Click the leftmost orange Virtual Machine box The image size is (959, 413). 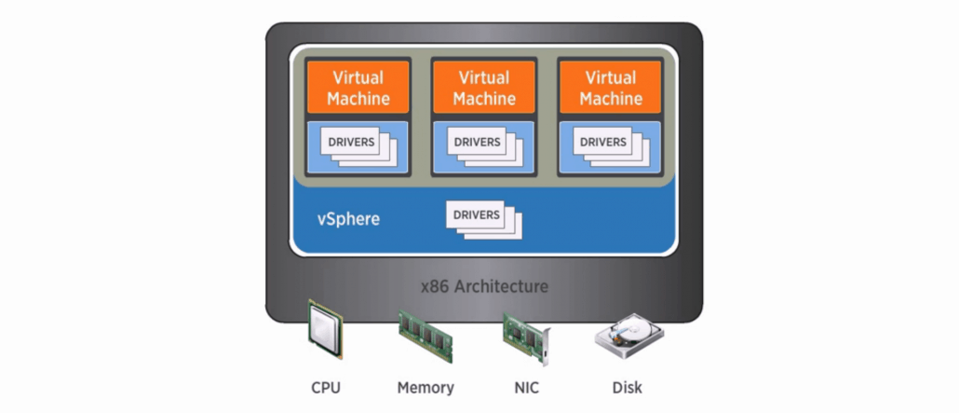coord(358,87)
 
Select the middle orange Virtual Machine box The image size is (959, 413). coord(484,87)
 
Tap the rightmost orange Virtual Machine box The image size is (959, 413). coord(611,87)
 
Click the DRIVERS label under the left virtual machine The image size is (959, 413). coord(351,142)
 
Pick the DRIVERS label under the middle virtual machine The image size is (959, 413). coord(477,142)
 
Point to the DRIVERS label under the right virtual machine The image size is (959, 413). coord(603,142)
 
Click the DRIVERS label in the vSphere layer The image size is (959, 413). coord(477,215)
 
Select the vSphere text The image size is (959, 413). coord(348,219)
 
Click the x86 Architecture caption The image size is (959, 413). coord(484,286)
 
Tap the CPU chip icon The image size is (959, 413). coord(325,328)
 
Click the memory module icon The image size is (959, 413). coord(425,336)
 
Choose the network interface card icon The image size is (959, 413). coord(526,337)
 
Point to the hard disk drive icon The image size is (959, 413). coord(628,335)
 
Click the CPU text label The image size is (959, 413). coord(325,388)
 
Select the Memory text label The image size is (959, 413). coord(425,388)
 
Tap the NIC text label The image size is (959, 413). coord(527,388)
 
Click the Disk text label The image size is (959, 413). coord(628,388)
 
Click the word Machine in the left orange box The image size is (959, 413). coord(358,99)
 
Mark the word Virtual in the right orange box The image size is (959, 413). coord(611,77)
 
